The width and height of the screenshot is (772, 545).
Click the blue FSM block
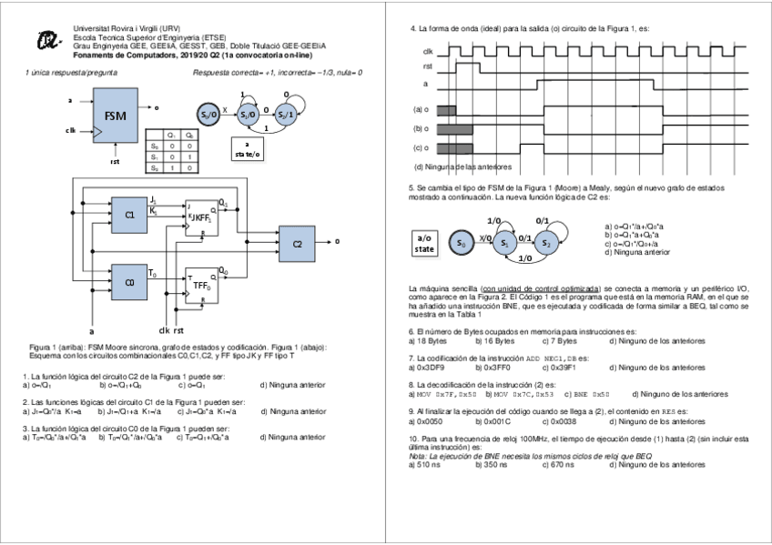(x=116, y=116)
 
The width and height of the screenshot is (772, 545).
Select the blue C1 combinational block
(x=129, y=215)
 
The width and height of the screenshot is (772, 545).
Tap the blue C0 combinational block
(x=129, y=282)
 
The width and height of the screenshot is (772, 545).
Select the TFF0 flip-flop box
(x=201, y=285)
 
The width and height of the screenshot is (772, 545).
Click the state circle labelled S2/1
(x=285, y=115)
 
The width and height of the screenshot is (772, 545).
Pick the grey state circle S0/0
(x=208, y=115)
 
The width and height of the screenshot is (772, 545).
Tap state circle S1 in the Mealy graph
(x=503, y=243)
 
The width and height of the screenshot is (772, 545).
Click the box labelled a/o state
(x=425, y=243)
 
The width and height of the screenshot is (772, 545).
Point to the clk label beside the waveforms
(x=427, y=51)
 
